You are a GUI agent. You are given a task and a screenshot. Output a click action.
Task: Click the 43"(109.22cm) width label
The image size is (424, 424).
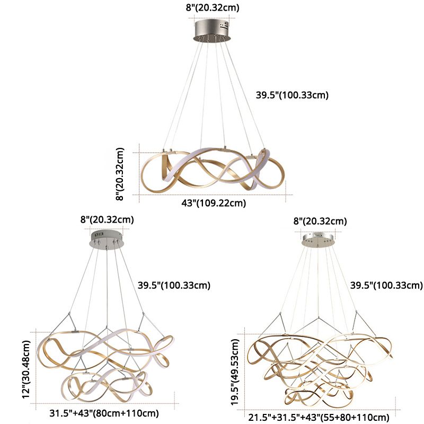215,203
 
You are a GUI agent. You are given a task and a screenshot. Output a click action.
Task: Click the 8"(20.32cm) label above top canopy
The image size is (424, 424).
213,7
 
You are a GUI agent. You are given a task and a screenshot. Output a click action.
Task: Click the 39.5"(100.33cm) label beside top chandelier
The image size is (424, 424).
293,95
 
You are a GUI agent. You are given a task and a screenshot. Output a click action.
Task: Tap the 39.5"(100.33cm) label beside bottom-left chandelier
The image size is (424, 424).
174,285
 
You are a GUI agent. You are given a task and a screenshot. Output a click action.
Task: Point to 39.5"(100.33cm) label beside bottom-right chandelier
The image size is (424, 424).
386,285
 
